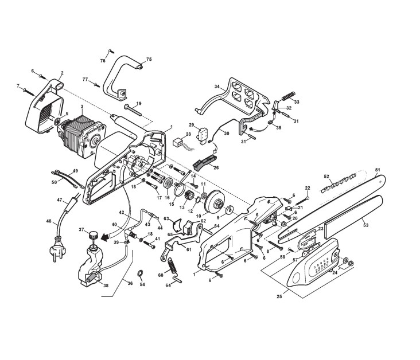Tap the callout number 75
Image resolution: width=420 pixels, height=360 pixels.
pyautogui.click(x=149, y=59)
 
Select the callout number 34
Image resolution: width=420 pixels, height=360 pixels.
pyautogui.click(x=217, y=87)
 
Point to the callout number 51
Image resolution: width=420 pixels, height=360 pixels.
pyautogui.click(x=378, y=169)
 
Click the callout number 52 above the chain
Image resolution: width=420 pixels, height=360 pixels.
pyautogui.click(x=326, y=177)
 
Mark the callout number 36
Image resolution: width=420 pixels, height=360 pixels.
pyautogui.click(x=130, y=283)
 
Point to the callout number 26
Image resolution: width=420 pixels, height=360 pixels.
pyautogui.click(x=216, y=167)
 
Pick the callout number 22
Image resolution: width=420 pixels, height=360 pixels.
pyautogui.click(x=307, y=188)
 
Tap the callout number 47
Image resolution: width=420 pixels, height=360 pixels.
pyautogui.click(x=59, y=199)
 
